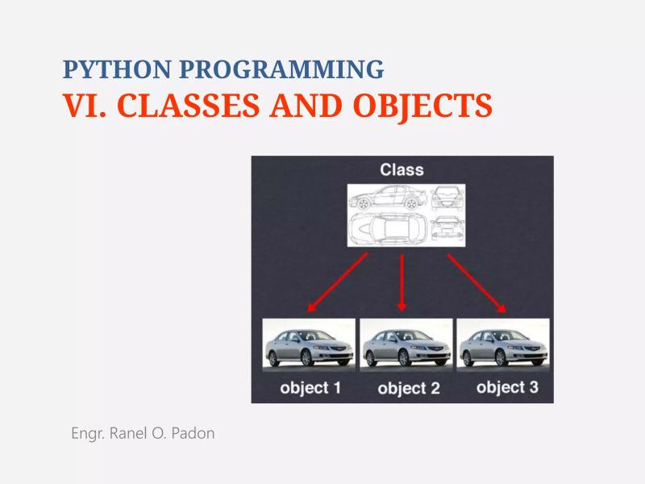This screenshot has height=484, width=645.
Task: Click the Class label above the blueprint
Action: coord(402,169)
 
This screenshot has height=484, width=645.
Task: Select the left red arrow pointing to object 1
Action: coord(337,282)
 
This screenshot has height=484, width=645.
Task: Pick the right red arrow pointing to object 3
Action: coord(476,283)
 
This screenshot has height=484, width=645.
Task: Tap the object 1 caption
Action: coord(310,388)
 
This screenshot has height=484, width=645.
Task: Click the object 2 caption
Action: coord(408,389)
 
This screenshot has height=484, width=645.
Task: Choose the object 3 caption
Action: coord(506,387)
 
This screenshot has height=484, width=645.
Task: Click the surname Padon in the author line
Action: coord(194,433)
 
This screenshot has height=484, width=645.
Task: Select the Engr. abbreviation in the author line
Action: coord(85,433)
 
